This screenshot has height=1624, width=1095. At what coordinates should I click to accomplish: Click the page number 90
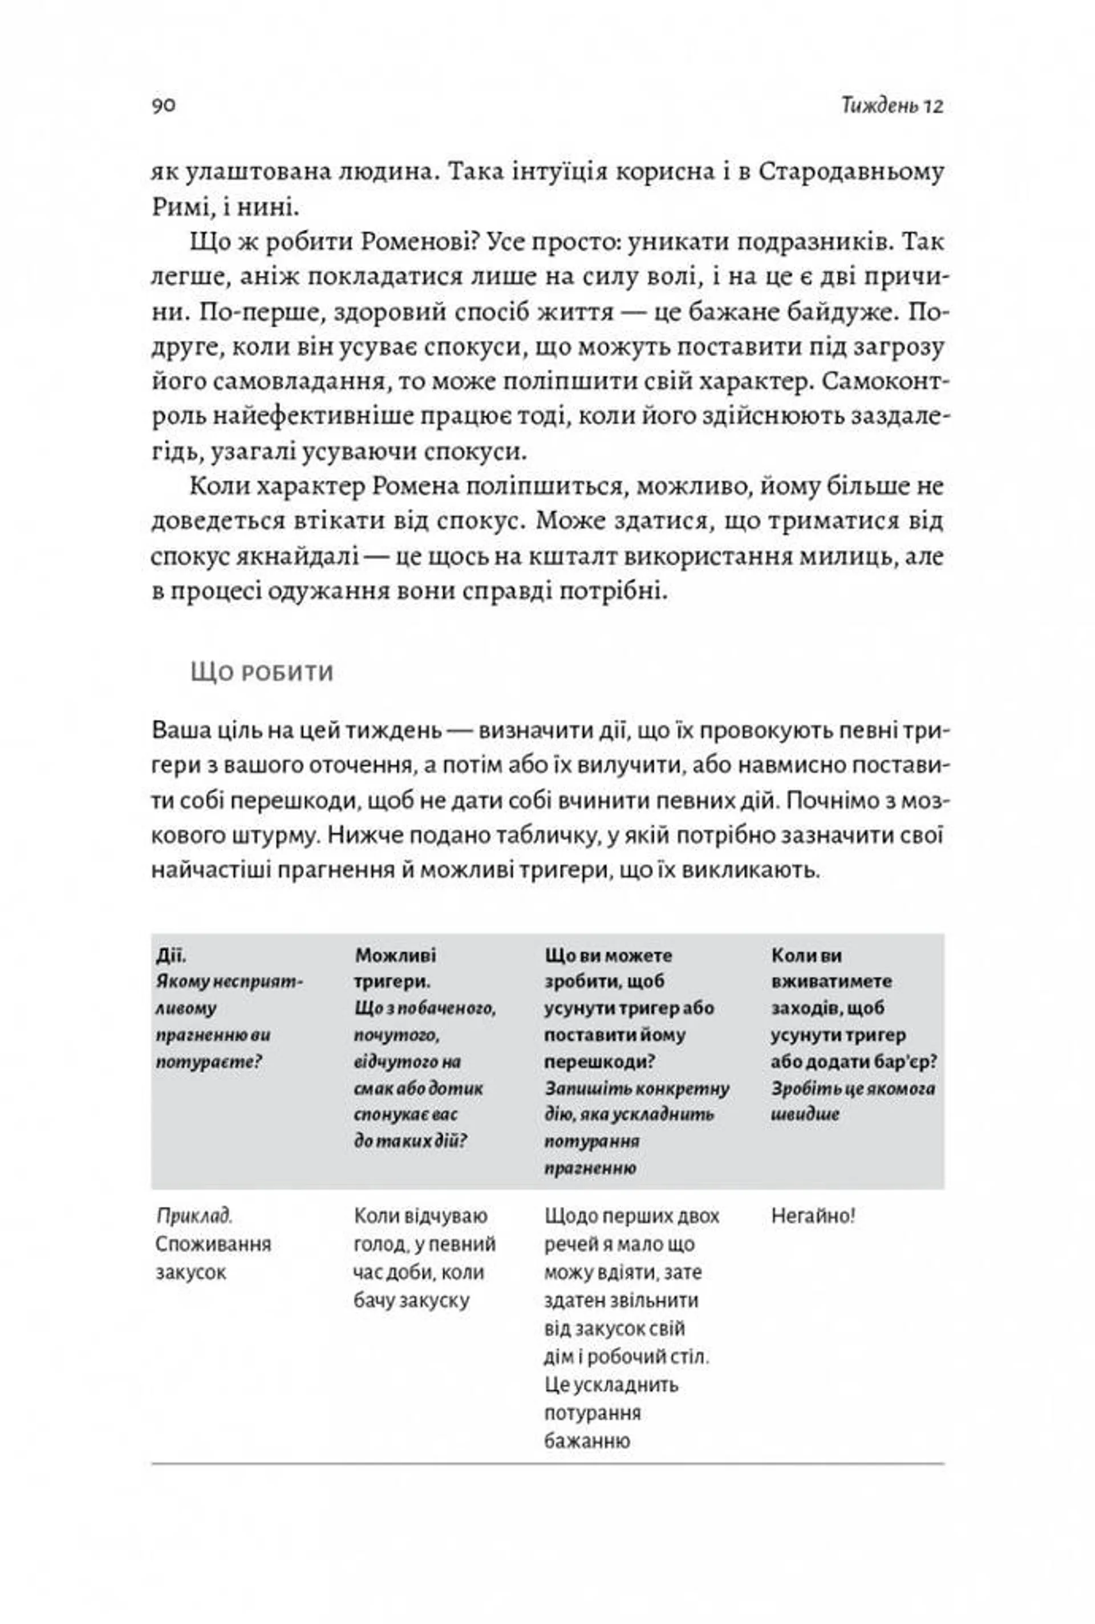point(164,105)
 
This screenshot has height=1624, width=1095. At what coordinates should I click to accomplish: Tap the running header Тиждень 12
point(892,106)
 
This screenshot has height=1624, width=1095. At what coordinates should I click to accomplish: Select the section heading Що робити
point(262,673)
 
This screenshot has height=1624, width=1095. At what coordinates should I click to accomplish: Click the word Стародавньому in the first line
point(850,172)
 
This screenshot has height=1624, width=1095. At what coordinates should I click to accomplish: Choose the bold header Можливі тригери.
point(395,968)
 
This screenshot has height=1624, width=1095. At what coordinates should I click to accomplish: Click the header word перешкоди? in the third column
point(599,1061)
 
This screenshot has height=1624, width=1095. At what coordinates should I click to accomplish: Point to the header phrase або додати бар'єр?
point(853,1061)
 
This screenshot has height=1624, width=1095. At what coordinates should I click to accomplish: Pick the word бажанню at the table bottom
point(587,1441)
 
